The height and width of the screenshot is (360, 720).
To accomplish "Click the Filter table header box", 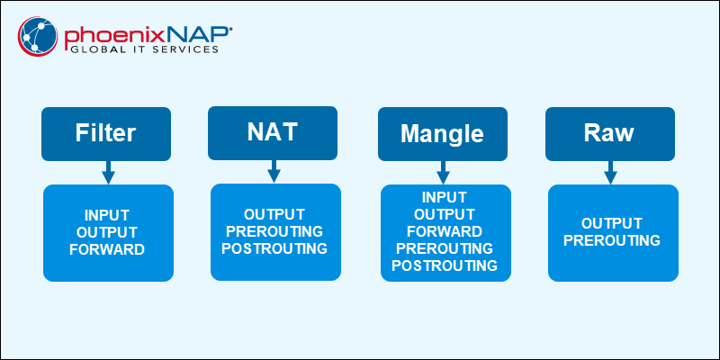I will click(106, 134).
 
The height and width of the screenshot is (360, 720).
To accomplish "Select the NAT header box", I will click(273, 132).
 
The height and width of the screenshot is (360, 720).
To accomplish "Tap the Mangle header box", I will click(442, 135).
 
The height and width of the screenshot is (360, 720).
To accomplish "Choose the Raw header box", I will click(609, 134).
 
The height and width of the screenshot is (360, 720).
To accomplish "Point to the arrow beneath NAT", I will click(274, 169).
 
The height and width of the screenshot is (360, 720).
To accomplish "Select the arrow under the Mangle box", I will click(443, 172).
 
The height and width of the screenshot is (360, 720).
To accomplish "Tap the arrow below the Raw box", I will click(610, 171).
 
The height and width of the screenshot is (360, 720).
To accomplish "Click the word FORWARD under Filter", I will click(107, 249).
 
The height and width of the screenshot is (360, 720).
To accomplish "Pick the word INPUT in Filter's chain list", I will click(107, 215).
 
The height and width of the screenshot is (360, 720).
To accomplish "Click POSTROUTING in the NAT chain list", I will click(274, 247).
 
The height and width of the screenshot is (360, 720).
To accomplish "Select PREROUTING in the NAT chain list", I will click(274, 230).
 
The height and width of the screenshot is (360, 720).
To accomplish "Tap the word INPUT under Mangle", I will click(445, 197).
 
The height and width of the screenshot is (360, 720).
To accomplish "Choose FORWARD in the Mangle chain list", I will click(445, 231).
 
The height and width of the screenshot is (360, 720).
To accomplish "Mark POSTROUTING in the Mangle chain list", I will click(445, 265).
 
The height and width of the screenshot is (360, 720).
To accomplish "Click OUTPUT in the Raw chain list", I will click(612, 223).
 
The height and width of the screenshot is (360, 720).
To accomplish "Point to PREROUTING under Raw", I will click(612, 240).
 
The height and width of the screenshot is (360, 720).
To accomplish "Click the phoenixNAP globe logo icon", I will click(38, 37).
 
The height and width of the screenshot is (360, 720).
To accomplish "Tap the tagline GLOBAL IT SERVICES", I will click(143, 50).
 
